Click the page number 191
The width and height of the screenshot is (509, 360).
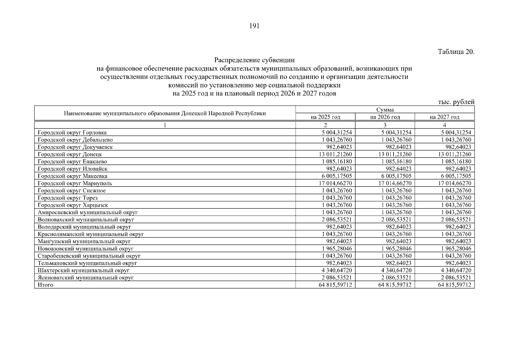[x=254, y=26]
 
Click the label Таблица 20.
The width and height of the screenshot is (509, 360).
[x=456, y=52]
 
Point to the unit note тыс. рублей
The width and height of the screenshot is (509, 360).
[x=456, y=102]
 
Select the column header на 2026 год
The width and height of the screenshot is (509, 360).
[x=385, y=117]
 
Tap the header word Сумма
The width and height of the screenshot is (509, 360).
[x=385, y=110]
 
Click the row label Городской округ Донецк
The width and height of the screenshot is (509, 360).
[x=70, y=154]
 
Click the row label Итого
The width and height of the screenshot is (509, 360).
[x=46, y=285]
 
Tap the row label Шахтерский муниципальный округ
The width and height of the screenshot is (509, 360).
[x=84, y=270]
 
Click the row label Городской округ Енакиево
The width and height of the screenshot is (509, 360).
[x=72, y=161]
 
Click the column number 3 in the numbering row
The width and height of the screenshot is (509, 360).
[x=385, y=125]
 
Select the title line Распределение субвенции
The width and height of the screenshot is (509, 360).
[x=254, y=60]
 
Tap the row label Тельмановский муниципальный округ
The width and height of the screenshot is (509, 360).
[x=87, y=263]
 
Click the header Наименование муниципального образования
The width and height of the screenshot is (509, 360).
[x=165, y=113]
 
